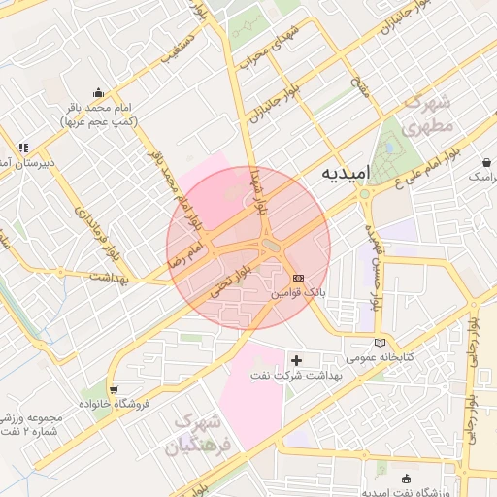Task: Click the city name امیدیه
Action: coord(346,174)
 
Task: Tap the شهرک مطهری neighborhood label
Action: coord(426,116)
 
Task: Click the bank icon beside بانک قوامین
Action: coord(297,277)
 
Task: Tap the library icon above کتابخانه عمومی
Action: coord(379,343)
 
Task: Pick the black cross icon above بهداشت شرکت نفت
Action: coord(297,360)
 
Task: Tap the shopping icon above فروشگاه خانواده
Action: coord(116,388)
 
